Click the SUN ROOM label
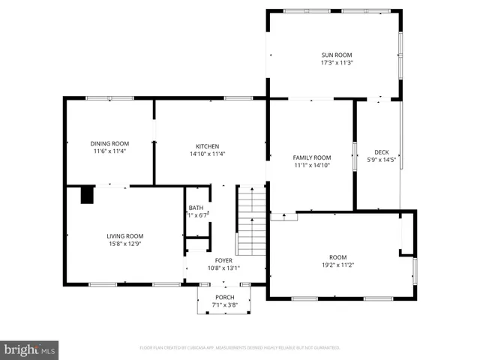[337, 55]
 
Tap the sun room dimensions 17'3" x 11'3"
[337, 63]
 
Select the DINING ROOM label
[109, 143]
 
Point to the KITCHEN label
[208, 146]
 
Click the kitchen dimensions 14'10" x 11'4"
[208, 154]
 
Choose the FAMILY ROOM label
[311, 157]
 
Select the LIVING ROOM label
[124, 235]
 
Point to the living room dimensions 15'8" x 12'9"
[124, 243]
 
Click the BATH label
[196, 208]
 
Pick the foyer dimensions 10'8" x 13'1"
[223, 267]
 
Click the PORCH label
[223, 298]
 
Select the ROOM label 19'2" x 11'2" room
[338, 257]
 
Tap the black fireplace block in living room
[88, 195]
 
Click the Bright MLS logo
[30, 349]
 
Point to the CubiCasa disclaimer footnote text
[240, 348]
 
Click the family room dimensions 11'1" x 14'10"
[311, 165]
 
